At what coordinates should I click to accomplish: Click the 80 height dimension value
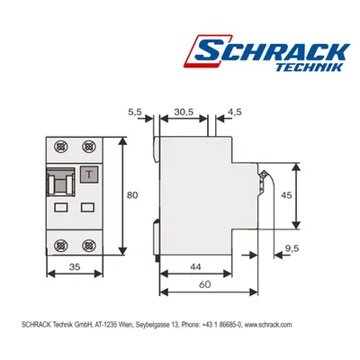pos(132,195)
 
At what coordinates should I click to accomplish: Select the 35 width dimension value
pos(75,266)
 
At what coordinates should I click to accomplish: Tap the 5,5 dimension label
pos(135,112)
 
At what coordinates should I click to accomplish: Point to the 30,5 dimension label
pos(184,112)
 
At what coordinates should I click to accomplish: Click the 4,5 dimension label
pos(234,112)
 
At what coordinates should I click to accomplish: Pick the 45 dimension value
pos(286,195)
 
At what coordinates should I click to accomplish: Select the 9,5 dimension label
pos(292,248)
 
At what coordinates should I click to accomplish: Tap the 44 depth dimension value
pos(195,266)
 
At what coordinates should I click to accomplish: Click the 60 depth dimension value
pos(205,284)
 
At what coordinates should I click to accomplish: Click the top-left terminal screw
pos(61,147)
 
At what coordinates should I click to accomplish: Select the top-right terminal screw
pos(88,147)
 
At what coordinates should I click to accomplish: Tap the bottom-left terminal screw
pos(61,246)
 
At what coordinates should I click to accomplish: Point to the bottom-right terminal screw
pos(88,246)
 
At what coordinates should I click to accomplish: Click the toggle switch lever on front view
pos(61,182)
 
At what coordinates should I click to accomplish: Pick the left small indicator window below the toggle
pos(61,207)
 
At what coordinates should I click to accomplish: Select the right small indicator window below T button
pos(88,207)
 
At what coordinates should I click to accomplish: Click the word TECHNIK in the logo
pos(309,67)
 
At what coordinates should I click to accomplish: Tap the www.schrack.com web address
pos(268,325)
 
